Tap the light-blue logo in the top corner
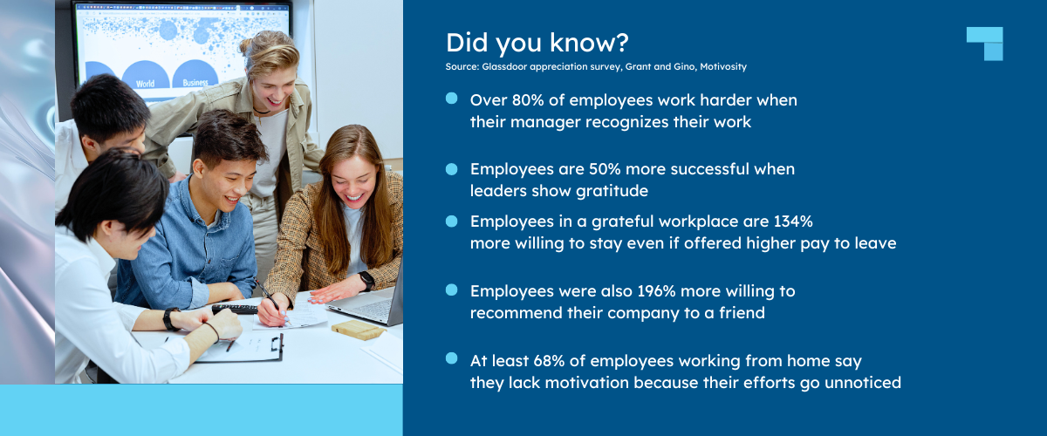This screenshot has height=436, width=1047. tap(985, 44)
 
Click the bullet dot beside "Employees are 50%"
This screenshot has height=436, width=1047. tap(451, 167)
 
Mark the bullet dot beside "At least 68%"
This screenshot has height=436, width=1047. tap(451, 358)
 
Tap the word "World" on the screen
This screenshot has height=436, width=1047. tap(146, 84)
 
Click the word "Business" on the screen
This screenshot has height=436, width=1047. tap(195, 83)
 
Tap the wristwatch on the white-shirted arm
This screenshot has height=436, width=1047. tap(171, 318)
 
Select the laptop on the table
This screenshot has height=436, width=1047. tap(371, 305)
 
